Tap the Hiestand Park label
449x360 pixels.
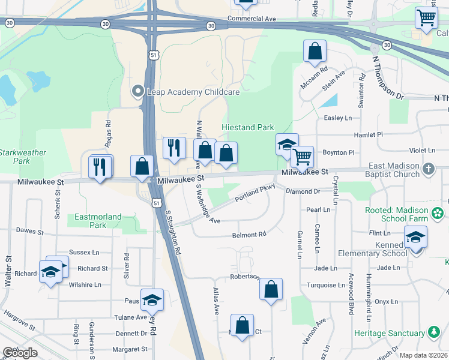tap(247, 127)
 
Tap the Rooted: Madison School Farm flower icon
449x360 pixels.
tap(438, 212)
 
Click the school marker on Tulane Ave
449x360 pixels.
tap(152, 299)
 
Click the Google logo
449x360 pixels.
tap(19, 353)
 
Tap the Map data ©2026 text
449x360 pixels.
tap(424, 355)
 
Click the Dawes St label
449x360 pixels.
tap(31, 231)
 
